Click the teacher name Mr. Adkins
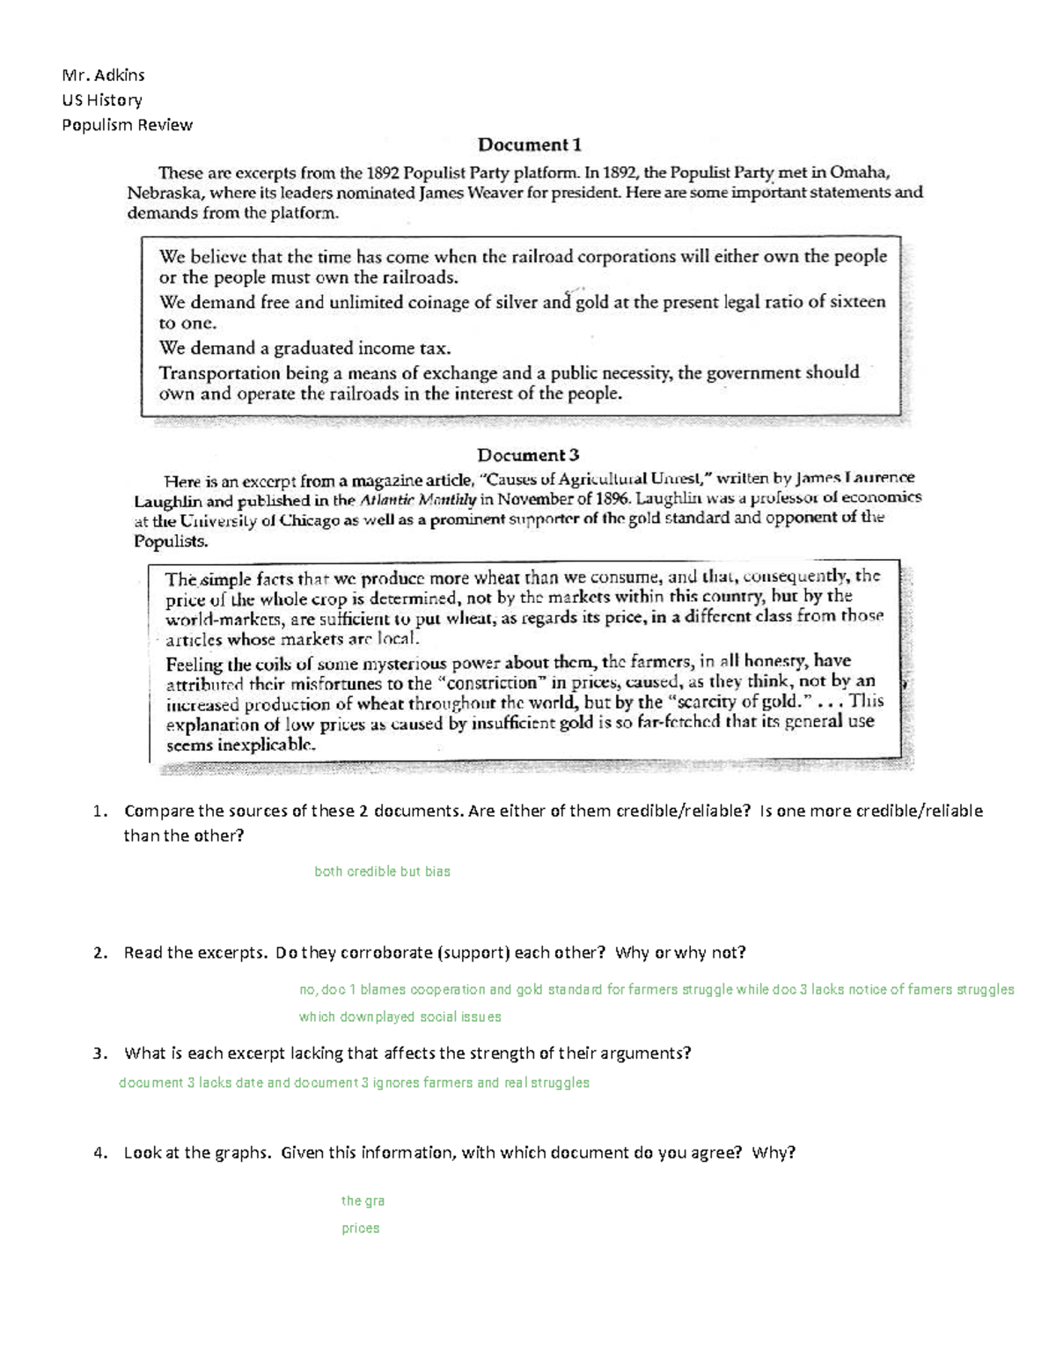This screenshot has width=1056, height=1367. coord(103,75)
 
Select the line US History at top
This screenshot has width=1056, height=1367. coord(101,99)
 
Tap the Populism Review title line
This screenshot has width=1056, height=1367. coord(127,125)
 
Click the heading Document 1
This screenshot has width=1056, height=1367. coord(529,145)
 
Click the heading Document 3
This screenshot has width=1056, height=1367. coord(528,455)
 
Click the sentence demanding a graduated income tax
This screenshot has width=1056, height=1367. coord(304,348)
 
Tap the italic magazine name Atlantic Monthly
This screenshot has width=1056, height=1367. coord(418,500)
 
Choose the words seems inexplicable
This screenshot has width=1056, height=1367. coord(240,744)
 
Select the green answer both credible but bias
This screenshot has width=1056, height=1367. coord(382,871)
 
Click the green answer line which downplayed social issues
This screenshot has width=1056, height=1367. coord(400,1017)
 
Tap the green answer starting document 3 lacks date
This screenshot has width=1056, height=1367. coord(354,1083)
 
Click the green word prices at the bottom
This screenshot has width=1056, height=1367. coord(360,1228)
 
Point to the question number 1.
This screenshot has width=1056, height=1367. coord(99,811)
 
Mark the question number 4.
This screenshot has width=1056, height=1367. coord(99,1152)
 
